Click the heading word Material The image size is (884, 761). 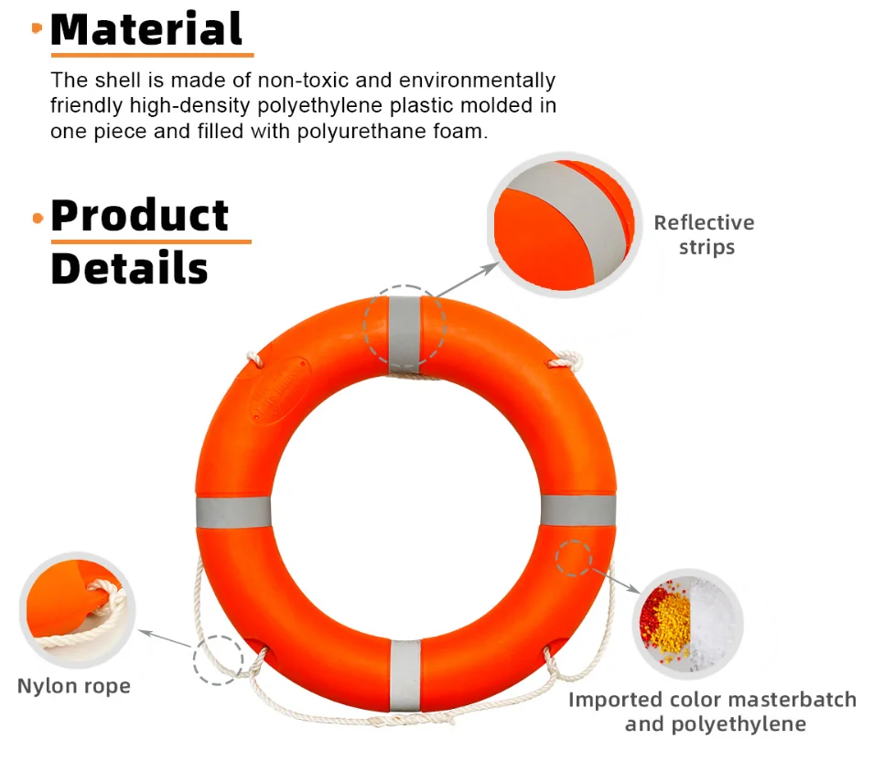pos(146,29)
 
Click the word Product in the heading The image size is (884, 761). pos(140,216)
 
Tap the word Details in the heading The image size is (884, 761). pos(129,269)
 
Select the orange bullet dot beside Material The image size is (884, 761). pos(37,29)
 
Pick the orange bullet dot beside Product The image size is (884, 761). pos(38,218)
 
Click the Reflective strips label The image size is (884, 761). pos(704,235)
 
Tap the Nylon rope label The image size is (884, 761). pos(74,686)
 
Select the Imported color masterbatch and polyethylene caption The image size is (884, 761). pos(713,712)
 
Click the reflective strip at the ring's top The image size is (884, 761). pos(404,334)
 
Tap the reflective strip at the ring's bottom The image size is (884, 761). pos(404,675)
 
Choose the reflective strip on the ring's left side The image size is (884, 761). pos(233,512)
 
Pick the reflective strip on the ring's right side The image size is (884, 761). pos(577,510)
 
